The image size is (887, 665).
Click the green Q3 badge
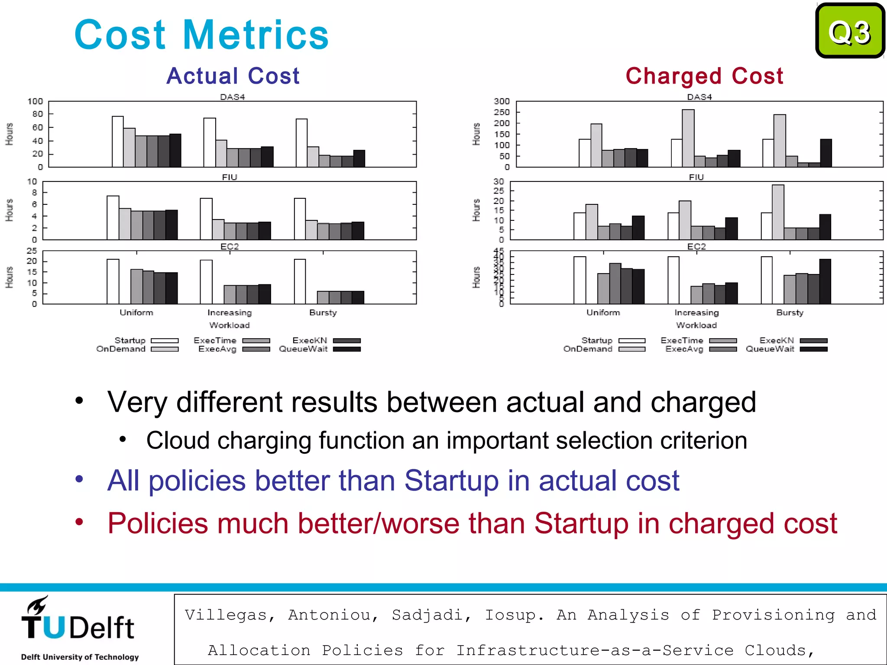(x=850, y=31)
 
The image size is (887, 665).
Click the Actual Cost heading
(x=233, y=76)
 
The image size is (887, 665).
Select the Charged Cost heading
(x=704, y=76)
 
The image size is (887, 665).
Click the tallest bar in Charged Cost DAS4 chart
(x=688, y=138)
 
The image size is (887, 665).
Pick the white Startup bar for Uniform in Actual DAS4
(x=117, y=142)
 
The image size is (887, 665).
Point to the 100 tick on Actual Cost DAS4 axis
(x=35, y=101)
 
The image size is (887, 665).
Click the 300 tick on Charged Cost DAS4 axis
(x=502, y=101)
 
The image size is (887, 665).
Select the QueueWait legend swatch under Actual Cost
(x=346, y=349)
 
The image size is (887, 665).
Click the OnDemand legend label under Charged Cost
(x=588, y=349)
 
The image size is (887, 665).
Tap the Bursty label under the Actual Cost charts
(x=323, y=313)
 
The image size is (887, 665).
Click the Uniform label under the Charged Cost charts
(x=603, y=313)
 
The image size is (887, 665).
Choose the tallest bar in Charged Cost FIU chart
(x=778, y=212)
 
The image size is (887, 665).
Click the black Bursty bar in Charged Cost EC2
(x=825, y=281)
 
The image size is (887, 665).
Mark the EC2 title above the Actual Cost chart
(x=230, y=246)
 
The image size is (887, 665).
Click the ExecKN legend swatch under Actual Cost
(x=346, y=341)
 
